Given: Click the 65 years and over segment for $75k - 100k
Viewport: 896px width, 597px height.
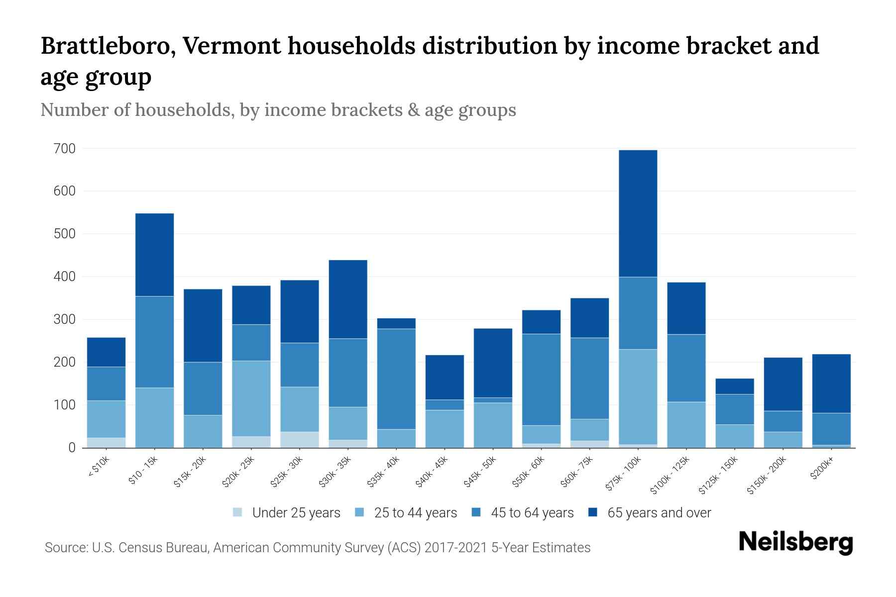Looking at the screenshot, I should [x=638, y=213].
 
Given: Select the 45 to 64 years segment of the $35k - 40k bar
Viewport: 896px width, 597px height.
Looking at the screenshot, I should [x=396, y=379].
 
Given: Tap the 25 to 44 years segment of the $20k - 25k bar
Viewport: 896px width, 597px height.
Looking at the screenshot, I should [x=251, y=398].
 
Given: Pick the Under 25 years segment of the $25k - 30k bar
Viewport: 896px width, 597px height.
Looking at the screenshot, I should [x=300, y=439].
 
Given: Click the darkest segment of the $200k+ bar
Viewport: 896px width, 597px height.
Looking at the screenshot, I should [x=831, y=383].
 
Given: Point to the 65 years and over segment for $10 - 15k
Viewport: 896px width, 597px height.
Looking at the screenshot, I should [x=155, y=255].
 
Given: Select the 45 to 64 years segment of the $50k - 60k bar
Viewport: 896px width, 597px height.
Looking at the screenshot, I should [x=541, y=379].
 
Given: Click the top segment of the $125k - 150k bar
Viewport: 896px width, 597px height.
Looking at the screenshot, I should [x=734, y=387].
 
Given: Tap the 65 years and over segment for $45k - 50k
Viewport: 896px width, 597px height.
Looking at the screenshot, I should [x=493, y=363].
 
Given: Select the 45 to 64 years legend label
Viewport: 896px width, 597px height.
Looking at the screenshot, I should [x=532, y=513].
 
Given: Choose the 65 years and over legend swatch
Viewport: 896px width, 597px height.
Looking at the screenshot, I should [x=593, y=512].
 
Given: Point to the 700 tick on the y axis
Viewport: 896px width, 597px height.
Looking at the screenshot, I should [x=65, y=149].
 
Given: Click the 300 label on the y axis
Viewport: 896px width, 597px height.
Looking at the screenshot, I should [x=65, y=319].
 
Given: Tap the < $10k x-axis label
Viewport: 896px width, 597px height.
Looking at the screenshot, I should [x=99, y=467].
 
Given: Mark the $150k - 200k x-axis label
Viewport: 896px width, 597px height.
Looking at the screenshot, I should [x=767, y=475].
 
